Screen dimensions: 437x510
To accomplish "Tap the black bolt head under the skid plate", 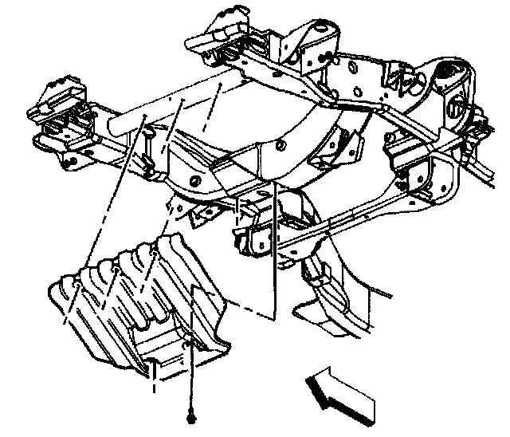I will (x=192, y=418).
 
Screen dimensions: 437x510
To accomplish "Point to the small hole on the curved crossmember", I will (x=282, y=146).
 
